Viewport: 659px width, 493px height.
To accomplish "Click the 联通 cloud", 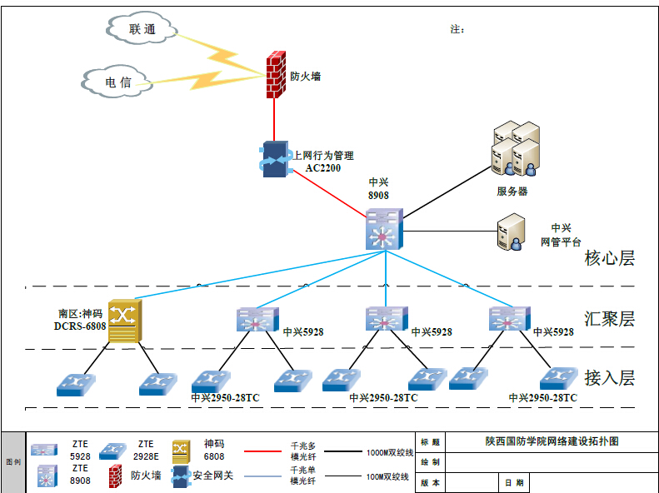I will coord(142,29).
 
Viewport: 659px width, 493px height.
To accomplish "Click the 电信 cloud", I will coord(117,82).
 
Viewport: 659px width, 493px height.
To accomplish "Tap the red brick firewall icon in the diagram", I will coord(275,76).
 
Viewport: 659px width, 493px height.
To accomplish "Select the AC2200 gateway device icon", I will coord(274,158).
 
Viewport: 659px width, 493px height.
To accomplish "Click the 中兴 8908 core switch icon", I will coord(384,228).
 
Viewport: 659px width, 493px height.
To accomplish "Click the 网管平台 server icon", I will coord(510,232).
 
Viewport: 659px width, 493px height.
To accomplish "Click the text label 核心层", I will coord(610,258).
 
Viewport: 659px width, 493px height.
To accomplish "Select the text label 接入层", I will coord(610,378).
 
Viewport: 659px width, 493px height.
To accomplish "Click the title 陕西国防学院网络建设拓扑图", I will coord(552,441).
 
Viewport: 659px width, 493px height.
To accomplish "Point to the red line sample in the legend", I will coord(265,453).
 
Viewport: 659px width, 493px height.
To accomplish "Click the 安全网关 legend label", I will coord(213,476).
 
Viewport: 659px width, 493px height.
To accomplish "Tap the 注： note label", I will coord(457,30).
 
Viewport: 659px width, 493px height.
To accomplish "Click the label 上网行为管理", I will coord(322,156).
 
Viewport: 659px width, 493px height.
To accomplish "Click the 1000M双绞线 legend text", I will coord(390,453).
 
